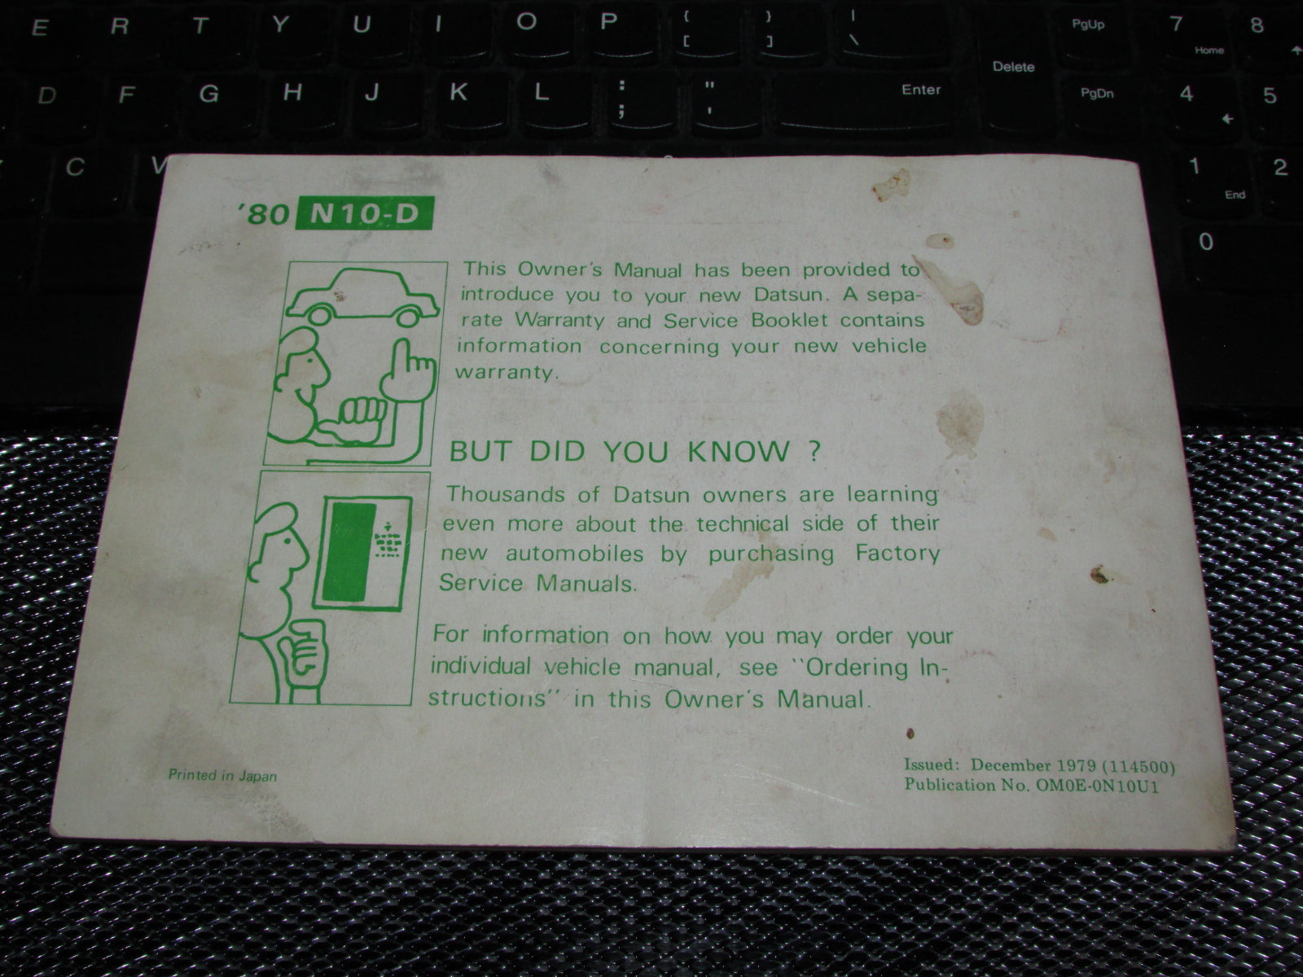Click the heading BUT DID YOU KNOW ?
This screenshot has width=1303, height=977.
point(634,451)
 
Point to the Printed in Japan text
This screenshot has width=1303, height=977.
point(222,775)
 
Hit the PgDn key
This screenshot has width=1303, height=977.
point(1096,94)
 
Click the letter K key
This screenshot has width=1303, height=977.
point(458,92)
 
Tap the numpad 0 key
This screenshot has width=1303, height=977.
point(1206,241)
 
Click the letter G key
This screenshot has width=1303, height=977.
point(208,94)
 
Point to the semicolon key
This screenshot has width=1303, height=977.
point(621,99)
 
